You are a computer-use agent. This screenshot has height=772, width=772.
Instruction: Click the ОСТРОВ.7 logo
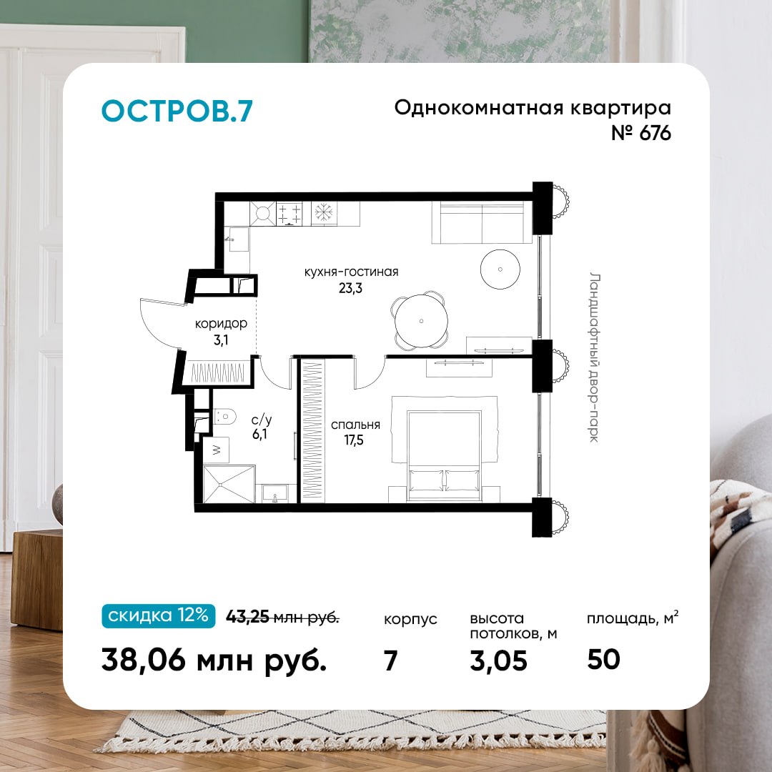[x=177, y=111]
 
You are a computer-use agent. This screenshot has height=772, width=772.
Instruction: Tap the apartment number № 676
[x=641, y=133]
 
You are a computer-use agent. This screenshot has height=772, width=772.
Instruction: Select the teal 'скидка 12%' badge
[x=159, y=615]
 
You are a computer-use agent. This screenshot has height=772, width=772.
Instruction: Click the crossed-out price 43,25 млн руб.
[x=282, y=616]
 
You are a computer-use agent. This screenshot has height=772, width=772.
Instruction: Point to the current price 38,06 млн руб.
[x=214, y=660]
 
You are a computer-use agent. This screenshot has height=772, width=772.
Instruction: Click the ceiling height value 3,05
[x=498, y=660]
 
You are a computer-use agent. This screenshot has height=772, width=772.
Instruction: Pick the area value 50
[x=603, y=659]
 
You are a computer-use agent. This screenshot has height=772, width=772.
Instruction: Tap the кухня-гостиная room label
[x=351, y=272]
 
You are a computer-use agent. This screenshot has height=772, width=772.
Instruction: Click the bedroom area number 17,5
[x=354, y=440]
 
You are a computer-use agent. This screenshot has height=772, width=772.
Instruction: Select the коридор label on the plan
[x=221, y=324]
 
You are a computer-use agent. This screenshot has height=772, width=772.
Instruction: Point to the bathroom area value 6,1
[x=259, y=434]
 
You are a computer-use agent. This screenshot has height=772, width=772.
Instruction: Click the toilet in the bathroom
[x=224, y=417]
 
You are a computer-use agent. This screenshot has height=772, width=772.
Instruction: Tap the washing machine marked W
[x=216, y=450]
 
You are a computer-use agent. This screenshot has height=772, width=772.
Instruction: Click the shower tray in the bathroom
[x=229, y=485]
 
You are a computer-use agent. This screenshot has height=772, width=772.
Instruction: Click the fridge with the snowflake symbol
[x=324, y=214]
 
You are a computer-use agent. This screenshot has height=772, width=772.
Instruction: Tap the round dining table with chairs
[x=421, y=321]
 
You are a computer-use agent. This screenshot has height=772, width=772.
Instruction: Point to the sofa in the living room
[x=482, y=222]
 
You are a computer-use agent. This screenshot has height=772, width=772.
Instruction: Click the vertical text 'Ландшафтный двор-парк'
[x=595, y=357]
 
